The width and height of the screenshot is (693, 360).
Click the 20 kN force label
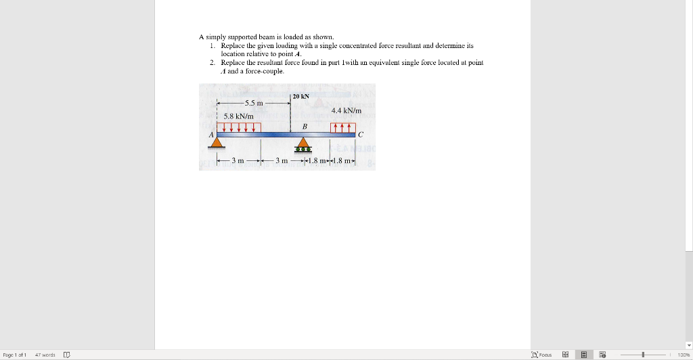tap(300, 96)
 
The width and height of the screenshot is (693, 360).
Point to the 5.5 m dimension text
tap(254, 103)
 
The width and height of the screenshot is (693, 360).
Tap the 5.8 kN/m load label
tap(239, 116)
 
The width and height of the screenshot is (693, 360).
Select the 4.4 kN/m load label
tap(346, 110)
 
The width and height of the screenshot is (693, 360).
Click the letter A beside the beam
tap(211, 134)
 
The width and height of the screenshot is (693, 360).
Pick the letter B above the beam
tap(305, 127)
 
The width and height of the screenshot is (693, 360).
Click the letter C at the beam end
tap(361, 134)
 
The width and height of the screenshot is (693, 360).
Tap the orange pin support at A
tap(217, 142)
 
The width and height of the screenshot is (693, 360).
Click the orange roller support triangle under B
tap(303, 142)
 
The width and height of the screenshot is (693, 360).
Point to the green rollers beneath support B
tap(303, 150)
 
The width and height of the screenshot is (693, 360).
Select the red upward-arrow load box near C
tap(343, 128)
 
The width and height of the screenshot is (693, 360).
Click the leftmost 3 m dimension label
tap(238, 160)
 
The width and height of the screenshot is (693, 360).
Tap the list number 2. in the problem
tap(213, 63)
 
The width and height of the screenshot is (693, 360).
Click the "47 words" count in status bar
tap(45, 355)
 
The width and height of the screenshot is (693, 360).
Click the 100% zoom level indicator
tap(684, 355)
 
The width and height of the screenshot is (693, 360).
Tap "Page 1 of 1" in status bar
tap(15, 355)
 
